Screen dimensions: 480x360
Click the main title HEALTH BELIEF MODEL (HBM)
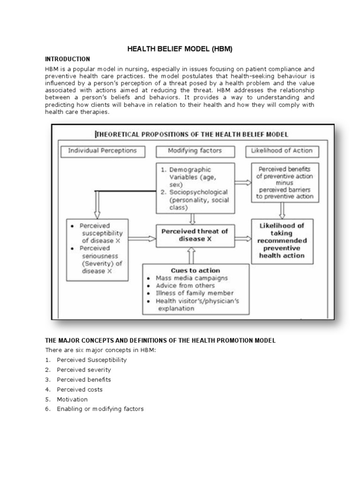[x=180, y=49]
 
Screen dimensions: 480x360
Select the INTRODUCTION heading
[x=67, y=59]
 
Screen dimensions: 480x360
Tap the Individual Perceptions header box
[x=102, y=151]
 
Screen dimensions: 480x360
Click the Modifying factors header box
[x=195, y=151]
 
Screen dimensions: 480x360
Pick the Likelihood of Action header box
[x=281, y=151]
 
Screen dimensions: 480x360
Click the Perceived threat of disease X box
[x=195, y=234]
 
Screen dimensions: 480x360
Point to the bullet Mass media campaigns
[x=192, y=278]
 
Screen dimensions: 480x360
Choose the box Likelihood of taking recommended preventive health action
[x=281, y=240]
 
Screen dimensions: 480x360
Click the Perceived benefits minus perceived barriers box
[x=281, y=182]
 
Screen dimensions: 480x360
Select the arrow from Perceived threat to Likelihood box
[x=242, y=239]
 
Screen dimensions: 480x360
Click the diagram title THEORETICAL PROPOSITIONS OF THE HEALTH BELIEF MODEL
[x=192, y=135]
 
